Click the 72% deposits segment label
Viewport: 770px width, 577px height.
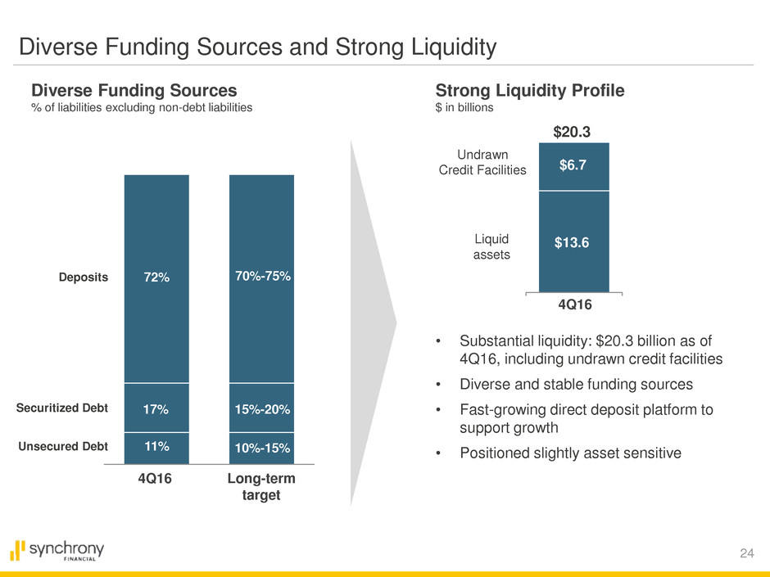click(x=156, y=277)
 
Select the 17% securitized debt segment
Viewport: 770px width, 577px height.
click(x=156, y=408)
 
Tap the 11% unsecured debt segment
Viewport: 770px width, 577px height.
click(x=156, y=447)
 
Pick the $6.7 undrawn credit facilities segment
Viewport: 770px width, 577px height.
click(x=573, y=166)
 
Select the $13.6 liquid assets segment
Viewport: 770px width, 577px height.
click(x=573, y=241)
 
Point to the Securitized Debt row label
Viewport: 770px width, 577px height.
click(x=61, y=408)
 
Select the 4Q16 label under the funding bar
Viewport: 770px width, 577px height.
click(x=156, y=480)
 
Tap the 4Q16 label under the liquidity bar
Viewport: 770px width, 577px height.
click(x=573, y=304)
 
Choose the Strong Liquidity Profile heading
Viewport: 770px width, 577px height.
click(x=530, y=90)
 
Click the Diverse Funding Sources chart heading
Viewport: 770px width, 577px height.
click(x=134, y=90)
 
